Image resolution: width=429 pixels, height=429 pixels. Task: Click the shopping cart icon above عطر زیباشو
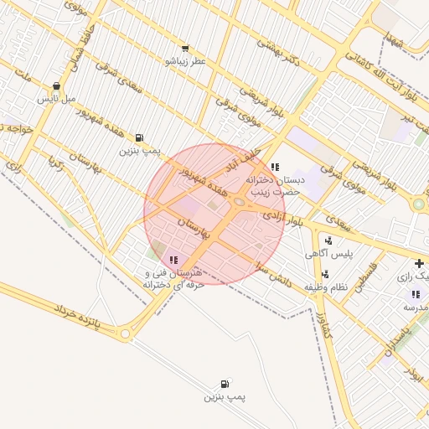click(x=185, y=49)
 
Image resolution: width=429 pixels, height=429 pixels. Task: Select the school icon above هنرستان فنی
click(x=173, y=261)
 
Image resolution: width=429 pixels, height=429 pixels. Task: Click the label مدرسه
click(x=416, y=308)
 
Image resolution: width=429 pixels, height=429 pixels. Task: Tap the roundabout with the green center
click(x=417, y=203)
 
